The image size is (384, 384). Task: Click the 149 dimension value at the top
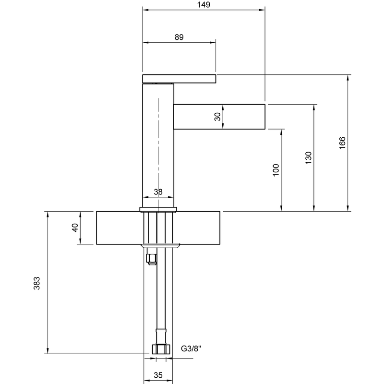tap(204, 5)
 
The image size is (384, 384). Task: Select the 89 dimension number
tap(179, 37)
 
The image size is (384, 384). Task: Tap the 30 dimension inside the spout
tap(217, 117)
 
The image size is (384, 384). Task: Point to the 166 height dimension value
tap(342, 143)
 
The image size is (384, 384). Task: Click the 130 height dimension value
tap(309, 158)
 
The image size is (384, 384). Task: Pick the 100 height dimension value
tap(276, 170)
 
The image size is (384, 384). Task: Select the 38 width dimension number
tap(158, 192)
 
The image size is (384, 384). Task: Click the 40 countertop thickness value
tap(75, 228)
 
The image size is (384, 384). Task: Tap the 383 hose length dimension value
tap(36, 283)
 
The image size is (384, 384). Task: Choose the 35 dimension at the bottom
tap(158, 375)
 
